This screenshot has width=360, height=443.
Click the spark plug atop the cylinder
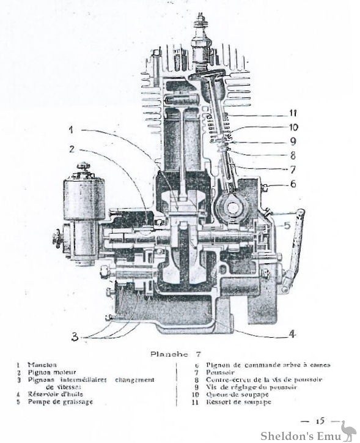[x=199, y=40]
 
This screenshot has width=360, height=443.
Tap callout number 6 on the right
[x=293, y=184]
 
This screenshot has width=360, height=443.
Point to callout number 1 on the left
[x=71, y=130]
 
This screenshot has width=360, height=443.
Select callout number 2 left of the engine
[x=72, y=148]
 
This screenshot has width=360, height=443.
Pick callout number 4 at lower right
[x=292, y=335]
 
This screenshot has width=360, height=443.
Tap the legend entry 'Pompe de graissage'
[x=57, y=401]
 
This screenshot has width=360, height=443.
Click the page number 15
[x=319, y=422]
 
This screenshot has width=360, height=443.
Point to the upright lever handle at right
[x=296, y=245]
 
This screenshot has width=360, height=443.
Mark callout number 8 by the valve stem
[x=293, y=155]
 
